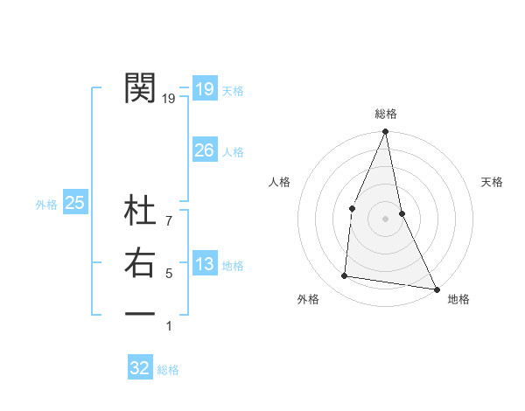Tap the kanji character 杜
[x=140, y=212]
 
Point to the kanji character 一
[x=140, y=312]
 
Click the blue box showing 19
[x=204, y=88]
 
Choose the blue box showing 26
[x=204, y=150]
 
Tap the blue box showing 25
[x=75, y=203]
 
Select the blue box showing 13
[x=204, y=265]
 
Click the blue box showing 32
[x=140, y=368]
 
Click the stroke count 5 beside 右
[x=169, y=274]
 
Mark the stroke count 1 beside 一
[x=169, y=326]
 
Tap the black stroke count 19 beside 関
[x=169, y=99]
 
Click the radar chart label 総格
[x=386, y=114]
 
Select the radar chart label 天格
[x=492, y=182]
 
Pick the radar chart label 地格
[x=458, y=299]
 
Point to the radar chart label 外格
[x=308, y=299]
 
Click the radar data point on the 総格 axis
[x=385, y=132]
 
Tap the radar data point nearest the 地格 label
[x=436, y=288]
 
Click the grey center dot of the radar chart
[x=385, y=218]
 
